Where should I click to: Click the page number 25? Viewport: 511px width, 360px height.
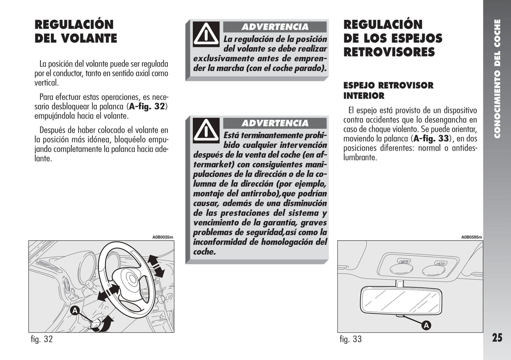[497, 338]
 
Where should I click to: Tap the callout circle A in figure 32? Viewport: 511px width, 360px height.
[75, 311]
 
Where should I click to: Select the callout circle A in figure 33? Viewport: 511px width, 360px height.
[426, 325]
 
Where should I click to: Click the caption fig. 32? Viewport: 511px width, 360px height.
[42, 339]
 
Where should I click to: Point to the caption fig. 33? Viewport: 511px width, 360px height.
[351, 339]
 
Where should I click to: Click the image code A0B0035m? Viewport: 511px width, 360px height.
[163, 237]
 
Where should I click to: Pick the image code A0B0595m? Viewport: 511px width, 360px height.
[472, 237]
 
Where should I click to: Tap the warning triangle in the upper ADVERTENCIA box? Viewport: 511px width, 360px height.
[206, 34]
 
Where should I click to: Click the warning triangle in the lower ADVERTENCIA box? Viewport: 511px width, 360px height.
[206, 130]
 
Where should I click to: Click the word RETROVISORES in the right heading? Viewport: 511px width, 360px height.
[389, 52]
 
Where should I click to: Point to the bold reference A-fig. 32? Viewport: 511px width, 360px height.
[147, 107]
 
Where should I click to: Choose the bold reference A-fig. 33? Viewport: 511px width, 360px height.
[431, 138]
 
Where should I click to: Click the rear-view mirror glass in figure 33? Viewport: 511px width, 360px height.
[401, 301]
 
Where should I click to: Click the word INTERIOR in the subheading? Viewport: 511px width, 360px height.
[364, 96]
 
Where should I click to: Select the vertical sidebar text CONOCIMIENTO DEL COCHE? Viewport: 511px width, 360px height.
[497, 79]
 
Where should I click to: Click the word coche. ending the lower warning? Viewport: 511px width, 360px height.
[204, 252]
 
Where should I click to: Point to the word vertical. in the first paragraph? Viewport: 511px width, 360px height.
[47, 83]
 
